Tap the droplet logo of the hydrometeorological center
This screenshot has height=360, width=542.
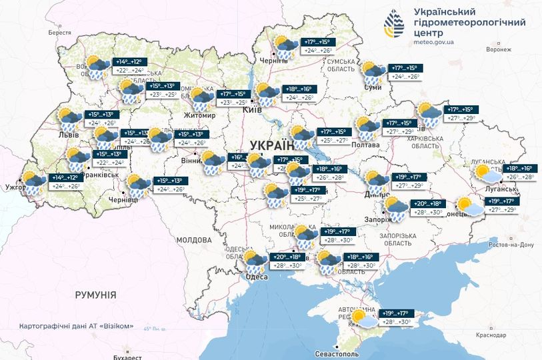pyautogui.click(x=393, y=27)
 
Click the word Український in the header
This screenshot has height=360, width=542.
pyautogui.click(x=445, y=12)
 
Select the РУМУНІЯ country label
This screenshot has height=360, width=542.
pyautogui.click(x=95, y=294)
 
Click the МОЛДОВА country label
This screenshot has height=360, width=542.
pyautogui.click(x=194, y=239)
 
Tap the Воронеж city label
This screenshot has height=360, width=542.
pyautogui.click(x=498, y=49)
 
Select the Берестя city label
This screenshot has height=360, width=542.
pyautogui.click(x=59, y=33)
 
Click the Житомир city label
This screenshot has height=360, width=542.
pyautogui.click(x=195, y=115)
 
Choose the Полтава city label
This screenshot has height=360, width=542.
pyautogui.click(x=365, y=144)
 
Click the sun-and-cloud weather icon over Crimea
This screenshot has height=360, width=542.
pyautogui.click(x=363, y=318)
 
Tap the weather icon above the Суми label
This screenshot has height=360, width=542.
pyautogui.click(x=371, y=71)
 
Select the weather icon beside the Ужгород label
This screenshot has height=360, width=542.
pyautogui.click(x=33, y=182)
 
